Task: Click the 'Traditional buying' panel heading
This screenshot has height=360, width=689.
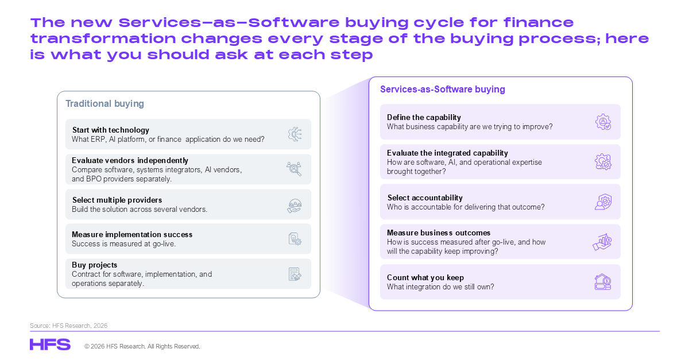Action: pyautogui.click(x=104, y=104)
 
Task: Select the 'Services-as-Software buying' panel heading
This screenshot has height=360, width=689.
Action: pyautogui.click(x=443, y=89)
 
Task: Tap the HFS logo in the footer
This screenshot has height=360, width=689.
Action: pyautogui.click(x=50, y=344)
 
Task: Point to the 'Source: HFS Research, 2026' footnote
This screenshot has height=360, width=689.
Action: pyautogui.click(x=68, y=326)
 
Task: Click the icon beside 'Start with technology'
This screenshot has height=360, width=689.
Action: pyautogui.click(x=295, y=134)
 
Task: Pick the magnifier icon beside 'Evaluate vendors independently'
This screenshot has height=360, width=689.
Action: pyautogui.click(x=294, y=169)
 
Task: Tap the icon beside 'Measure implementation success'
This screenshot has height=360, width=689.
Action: pyautogui.click(x=295, y=239)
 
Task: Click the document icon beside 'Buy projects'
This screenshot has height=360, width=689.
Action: pyautogui.click(x=295, y=274)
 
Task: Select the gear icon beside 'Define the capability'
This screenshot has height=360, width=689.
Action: pyautogui.click(x=603, y=122)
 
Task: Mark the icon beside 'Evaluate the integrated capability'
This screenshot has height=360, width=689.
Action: pyautogui.click(x=603, y=162)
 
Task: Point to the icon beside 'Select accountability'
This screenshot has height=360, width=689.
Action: pyautogui.click(x=603, y=202)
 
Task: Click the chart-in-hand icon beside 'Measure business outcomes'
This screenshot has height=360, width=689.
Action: pyautogui.click(x=602, y=242)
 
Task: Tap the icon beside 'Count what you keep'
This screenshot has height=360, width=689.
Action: pyautogui.click(x=603, y=282)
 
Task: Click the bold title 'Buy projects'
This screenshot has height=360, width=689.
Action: pyautogui.click(x=94, y=265)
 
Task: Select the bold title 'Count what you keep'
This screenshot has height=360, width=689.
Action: pyautogui.click(x=425, y=277)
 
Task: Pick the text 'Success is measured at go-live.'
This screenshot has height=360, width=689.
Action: pyautogui.click(x=123, y=244)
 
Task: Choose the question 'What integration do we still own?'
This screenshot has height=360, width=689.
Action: pyautogui.click(x=440, y=287)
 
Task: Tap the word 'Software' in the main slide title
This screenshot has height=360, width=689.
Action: pyautogui.click(x=294, y=22)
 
